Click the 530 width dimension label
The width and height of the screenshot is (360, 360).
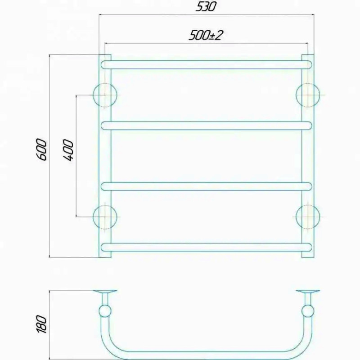click(206, 7)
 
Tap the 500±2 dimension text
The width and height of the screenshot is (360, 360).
click(206, 36)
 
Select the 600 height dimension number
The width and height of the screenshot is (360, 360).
click(42, 149)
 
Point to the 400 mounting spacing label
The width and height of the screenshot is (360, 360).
click(69, 150)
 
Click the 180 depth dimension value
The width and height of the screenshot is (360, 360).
click(41, 324)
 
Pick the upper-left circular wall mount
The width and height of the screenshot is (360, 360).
click(105, 95)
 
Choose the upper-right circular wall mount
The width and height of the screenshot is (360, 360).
click(308, 95)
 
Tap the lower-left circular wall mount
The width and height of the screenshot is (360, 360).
click(105, 217)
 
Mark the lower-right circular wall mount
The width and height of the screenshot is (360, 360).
click(308, 217)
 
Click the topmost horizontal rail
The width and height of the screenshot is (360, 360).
click(207, 65)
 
